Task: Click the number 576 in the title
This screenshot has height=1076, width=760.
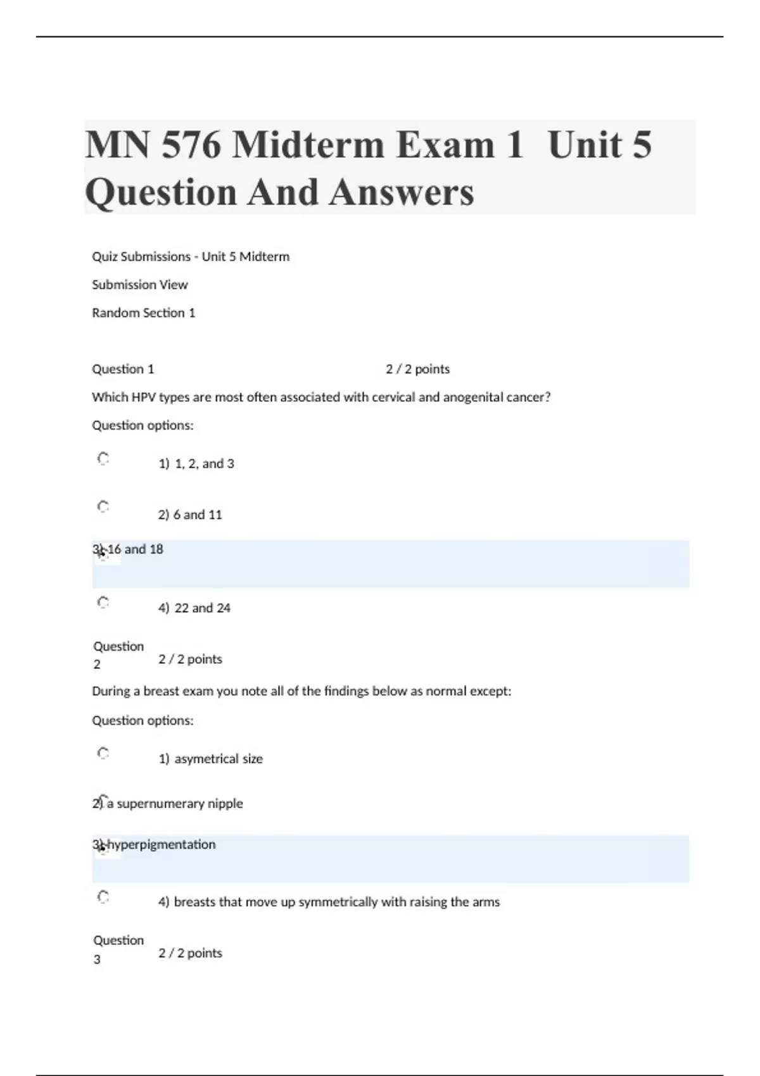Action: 191,145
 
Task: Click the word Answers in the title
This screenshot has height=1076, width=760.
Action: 401,192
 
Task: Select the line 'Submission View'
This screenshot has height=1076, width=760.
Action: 140,285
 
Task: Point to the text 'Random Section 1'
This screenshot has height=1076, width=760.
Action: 144,313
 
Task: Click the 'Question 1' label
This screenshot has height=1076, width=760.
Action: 123,369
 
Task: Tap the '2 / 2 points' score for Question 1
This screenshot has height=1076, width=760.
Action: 417,369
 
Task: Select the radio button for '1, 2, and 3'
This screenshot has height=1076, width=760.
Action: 103,458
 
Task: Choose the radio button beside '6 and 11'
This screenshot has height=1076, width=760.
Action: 103,506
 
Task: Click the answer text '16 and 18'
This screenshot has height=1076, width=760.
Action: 135,549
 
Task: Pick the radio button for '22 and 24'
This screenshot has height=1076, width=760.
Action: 103,602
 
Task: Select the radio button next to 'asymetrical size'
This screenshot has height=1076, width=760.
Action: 103,753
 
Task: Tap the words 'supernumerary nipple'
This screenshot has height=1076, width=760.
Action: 180,804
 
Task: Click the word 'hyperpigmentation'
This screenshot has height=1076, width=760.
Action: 161,845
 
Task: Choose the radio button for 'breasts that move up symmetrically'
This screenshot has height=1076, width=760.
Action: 103,896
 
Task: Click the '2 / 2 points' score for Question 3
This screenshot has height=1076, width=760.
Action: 191,953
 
